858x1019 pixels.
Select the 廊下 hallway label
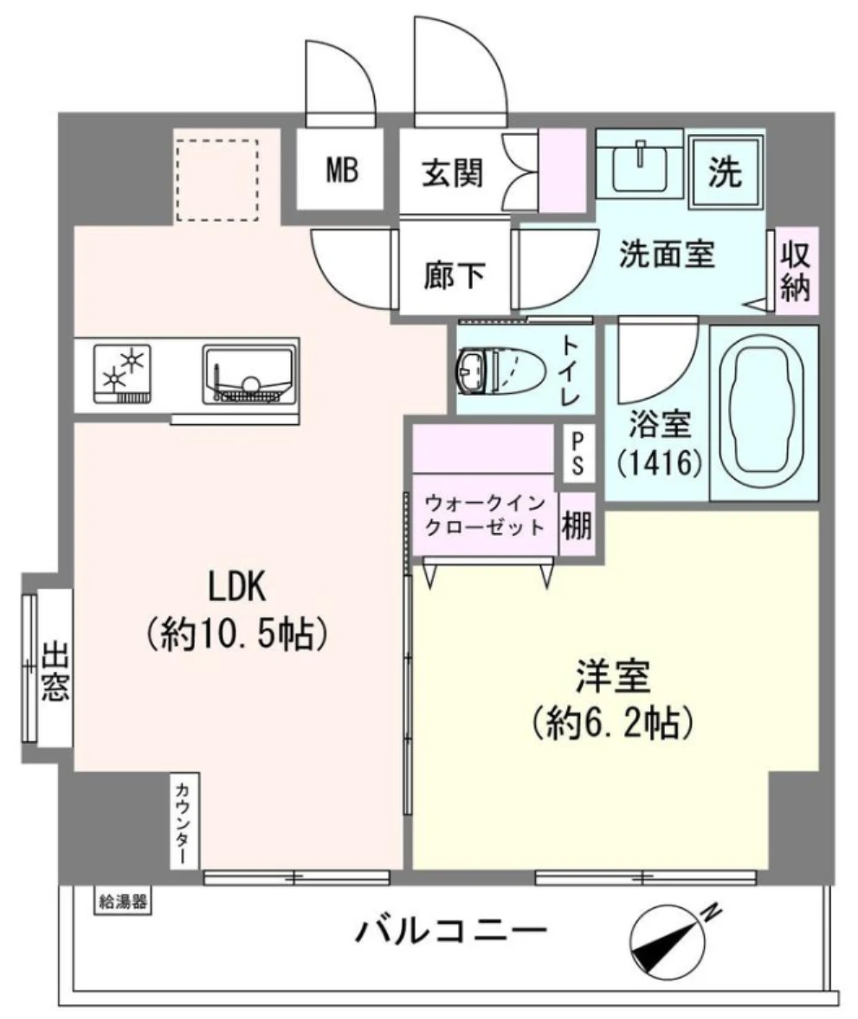(x=453, y=275)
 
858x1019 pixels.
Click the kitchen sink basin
(x=251, y=374)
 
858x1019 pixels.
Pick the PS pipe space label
(x=577, y=453)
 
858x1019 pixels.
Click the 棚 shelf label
(x=577, y=526)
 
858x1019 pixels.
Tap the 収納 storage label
(x=795, y=271)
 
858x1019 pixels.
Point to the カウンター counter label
(x=184, y=821)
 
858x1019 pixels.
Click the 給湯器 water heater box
(x=122, y=901)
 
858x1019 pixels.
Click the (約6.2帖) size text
(x=614, y=722)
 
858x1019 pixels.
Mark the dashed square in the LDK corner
(x=216, y=181)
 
